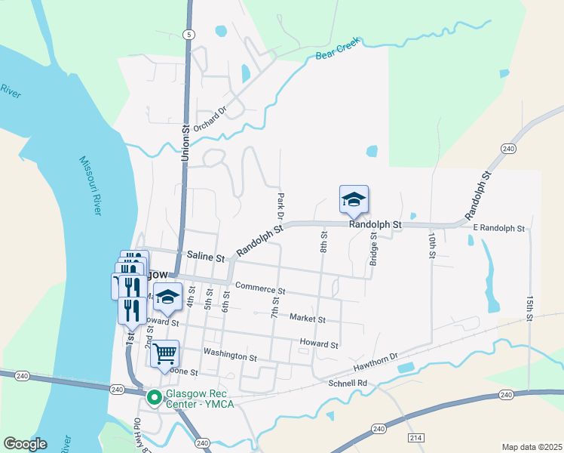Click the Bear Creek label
[336, 50]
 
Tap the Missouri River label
[90, 186]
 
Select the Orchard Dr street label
[210, 119]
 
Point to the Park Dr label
[280, 205]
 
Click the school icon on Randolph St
[354, 200]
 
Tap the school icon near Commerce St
[169, 297]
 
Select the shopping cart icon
[164, 353]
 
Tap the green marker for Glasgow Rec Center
[154, 396]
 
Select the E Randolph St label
[499, 228]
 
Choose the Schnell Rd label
[348, 384]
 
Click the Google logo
[25, 443]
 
